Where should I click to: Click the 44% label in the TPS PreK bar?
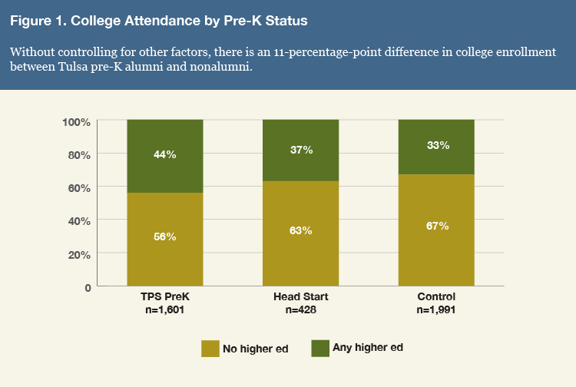tap(165, 154)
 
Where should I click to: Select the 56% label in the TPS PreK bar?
tap(165, 237)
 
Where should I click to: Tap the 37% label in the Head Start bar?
tap(301, 150)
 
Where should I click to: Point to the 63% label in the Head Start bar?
tap(301, 231)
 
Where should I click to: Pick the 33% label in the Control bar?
tap(436, 145)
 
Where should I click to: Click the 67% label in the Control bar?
tap(436, 226)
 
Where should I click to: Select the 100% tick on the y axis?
tap(77, 121)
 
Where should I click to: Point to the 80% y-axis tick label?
tap(80, 154)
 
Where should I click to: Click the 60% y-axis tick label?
tap(80, 187)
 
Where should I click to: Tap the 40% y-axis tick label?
tap(80, 220)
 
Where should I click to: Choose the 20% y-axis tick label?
tap(80, 253)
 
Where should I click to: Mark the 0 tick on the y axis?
tap(88, 287)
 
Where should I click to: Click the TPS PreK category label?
tap(165, 297)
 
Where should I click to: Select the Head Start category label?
tap(301, 297)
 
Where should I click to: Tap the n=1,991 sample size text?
tap(436, 310)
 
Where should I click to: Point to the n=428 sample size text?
tap(301, 310)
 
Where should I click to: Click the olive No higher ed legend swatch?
tap(210, 348)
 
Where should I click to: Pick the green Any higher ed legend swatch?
tap(319, 348)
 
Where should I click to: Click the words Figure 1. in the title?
tap(38, 21)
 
